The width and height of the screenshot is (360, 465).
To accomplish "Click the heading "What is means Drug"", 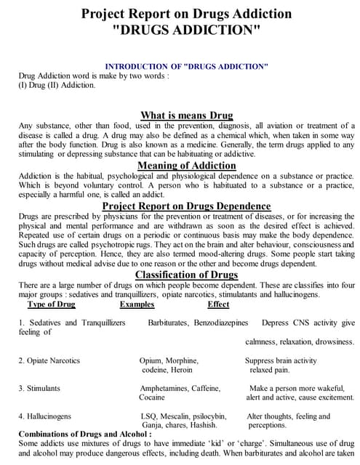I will coord(186,116).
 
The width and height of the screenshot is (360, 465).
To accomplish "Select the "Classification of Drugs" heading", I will coord(186,275).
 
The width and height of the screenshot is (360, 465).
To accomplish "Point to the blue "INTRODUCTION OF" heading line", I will coord(186,66).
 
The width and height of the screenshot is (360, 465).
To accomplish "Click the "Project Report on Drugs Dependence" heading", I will coord(186,206).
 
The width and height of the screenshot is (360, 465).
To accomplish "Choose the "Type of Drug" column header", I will coord(52,304).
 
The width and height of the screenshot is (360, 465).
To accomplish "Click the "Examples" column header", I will coord(137,304).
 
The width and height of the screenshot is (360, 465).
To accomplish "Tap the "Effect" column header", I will coord(218,304).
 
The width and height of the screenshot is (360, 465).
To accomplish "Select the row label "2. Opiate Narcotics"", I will coord(49,360).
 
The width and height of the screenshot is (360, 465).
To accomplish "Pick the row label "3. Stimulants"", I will coord(39,389).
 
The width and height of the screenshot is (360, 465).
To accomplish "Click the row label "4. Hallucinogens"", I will coord(45,416).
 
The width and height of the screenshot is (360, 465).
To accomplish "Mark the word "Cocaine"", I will coord(152,398).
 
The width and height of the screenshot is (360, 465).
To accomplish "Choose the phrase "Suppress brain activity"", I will coord(281,360).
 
